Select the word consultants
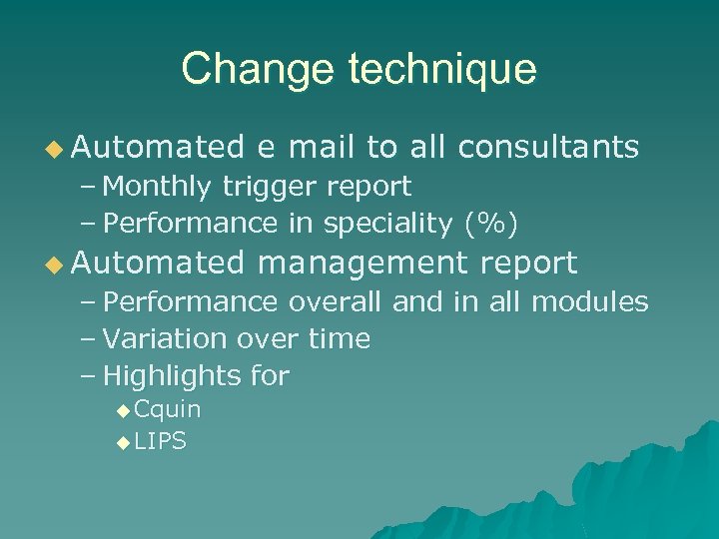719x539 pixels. [x=547, y=148]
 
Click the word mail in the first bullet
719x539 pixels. [x=322, y=148]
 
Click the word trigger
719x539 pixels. [x=263, y=187]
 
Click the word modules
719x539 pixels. [x=589, y=301]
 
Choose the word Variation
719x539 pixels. [x=165, y=339]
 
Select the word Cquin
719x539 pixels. [x=167, y=409]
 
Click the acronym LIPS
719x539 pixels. [x=160, y=441]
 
